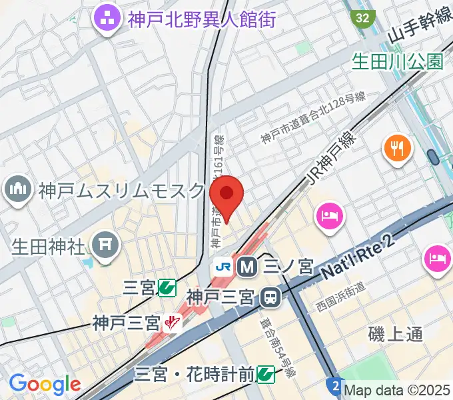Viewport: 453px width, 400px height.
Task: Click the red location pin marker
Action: [x=226, y=195]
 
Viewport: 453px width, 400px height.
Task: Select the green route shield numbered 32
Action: [x=362, y=17]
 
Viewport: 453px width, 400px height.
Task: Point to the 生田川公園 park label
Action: [x=398, y=62]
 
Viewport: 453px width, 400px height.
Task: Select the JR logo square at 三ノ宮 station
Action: [x=223, y=267]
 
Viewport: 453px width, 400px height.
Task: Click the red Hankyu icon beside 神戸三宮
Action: [x=173, y=324]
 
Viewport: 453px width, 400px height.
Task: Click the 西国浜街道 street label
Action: [x=341, y=297]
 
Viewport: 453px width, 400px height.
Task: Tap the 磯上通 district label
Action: [x=395, y=334]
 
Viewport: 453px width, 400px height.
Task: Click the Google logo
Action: [x=45, y=385]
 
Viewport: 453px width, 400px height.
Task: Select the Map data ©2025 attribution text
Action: [x=397, y=391]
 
